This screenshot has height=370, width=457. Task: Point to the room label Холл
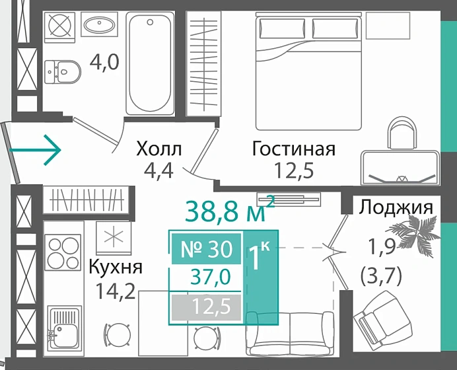pos(158,149)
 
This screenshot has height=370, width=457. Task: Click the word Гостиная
pos(293,149)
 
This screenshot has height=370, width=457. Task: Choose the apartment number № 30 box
pos(207,249)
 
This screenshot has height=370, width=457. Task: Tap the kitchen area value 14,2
pos(114,291)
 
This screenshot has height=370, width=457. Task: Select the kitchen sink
pos(65,330)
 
